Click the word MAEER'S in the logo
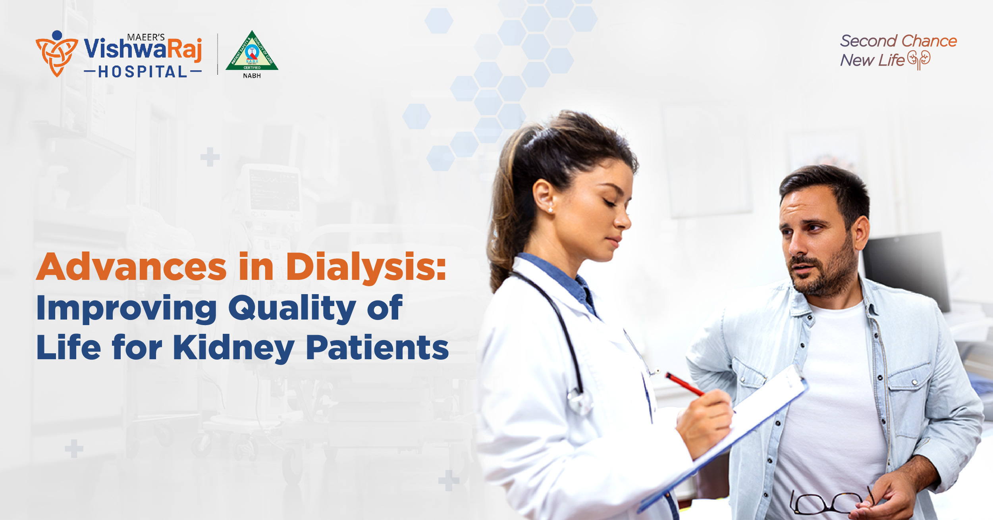coord(146,37)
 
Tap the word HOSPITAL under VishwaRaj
coord(143,72)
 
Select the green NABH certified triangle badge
coord(252,53)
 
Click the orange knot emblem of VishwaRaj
coord(56,54)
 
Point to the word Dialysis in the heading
coord(366,267)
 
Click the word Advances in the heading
coord(131,267)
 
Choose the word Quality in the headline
coord(292,309)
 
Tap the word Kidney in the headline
coord(234,348)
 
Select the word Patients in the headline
coord(377,348)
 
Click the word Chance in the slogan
coord(929,41)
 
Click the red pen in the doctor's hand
coord(685,384)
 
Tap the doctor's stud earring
coord(551,210)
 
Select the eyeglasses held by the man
coord(830,502)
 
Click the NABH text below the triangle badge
coord(252,76)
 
